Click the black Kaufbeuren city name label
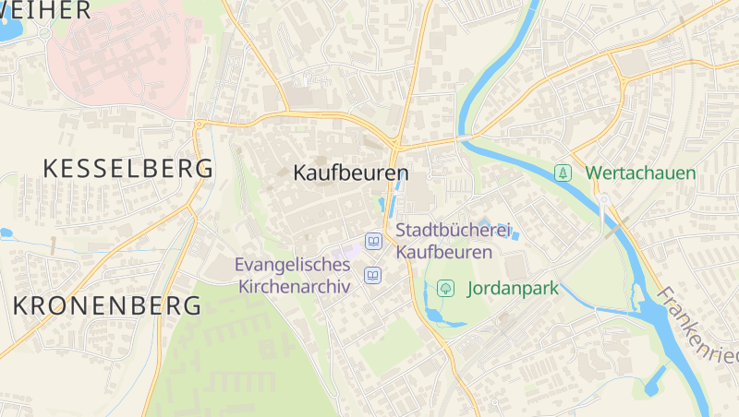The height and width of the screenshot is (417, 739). click(x=350, y=173)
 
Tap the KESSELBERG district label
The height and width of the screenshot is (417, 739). click(x=128, y=169)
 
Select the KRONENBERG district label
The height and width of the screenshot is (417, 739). click(x=108, y=305)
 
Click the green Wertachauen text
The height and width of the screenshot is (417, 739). click(x=640, y=173)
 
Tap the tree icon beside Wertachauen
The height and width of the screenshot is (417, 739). click(x=562, y=173)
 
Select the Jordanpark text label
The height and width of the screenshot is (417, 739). click(x=513, y=288)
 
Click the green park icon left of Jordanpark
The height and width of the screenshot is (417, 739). click(x=445, y=288)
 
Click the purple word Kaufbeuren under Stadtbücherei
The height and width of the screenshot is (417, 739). click(x=443, y=250)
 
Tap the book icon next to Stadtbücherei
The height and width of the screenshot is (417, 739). click(x=373, y=241)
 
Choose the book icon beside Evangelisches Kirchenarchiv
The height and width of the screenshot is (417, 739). click(x=373, y=275)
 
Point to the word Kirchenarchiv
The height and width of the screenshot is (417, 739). click(x=295, y=286)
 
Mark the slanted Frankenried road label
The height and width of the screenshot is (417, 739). click(x=698, y=326)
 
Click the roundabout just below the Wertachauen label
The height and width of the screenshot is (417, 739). click(x=603, y=199)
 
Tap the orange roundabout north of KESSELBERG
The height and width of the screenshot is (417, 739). click(x=199, y=124)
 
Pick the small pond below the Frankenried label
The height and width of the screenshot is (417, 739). click(x=657, y=377)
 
